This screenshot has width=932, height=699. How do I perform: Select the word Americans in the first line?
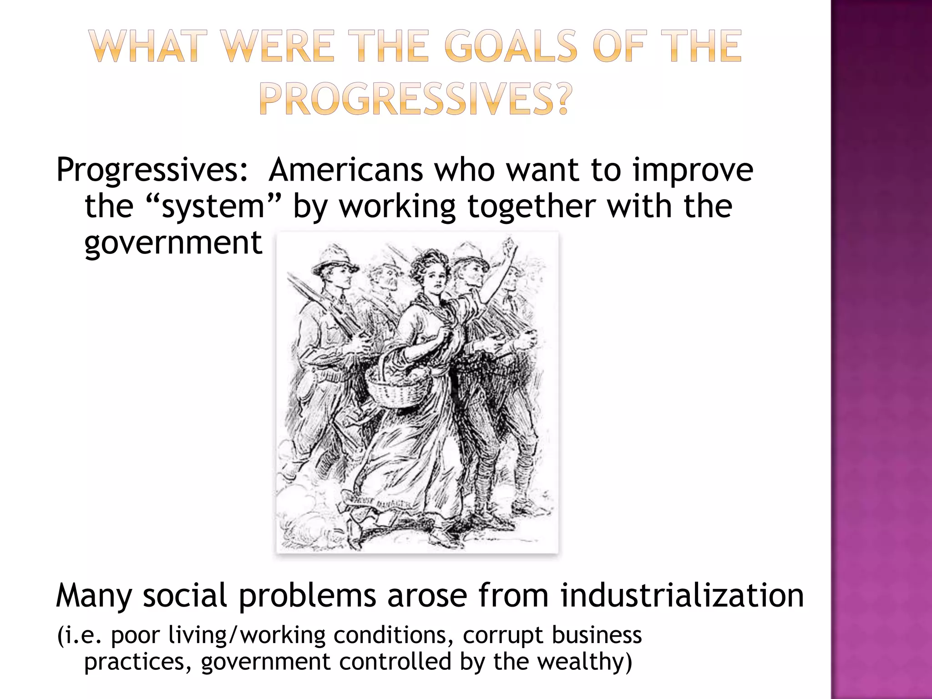pyautogui.click(x=345, y=169)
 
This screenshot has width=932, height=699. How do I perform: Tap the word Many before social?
pyautogui.click(x=93, y=596)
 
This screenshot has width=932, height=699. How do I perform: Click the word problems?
pyautogui.click(x=307, y=596)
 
